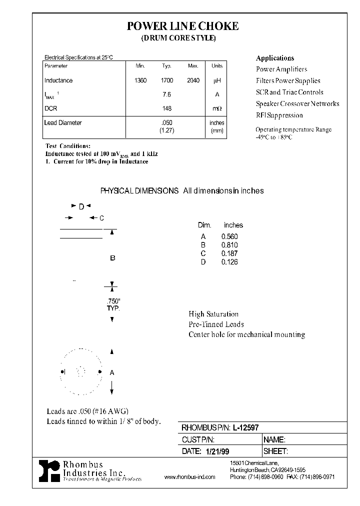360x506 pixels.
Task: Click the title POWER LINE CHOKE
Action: tap(182, 26)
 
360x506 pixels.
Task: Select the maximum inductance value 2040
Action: tap(193, 80)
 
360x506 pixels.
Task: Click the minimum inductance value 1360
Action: tap(140, 80)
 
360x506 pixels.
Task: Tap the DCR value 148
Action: tap(167, 108)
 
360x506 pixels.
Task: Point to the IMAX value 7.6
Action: tap(167, 94)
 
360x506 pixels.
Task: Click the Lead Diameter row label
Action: tap(63, 122)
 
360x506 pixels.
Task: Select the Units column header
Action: tap(217, 66)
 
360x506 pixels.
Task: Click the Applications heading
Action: tap(275, 58)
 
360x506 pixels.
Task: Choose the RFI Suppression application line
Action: tap(279, 115)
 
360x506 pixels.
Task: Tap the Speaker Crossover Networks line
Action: tap(297, 104)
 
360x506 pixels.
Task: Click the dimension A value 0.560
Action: tap(229, 236)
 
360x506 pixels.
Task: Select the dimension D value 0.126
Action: tap(229, 262)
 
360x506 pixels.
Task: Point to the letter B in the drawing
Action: tap(112, 258)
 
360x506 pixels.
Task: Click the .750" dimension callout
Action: tap(113, 301)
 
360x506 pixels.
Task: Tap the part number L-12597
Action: tap(249, 427)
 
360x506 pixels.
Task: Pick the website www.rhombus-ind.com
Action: tap(189, 477)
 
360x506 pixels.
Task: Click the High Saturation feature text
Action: tap(213, 314)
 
